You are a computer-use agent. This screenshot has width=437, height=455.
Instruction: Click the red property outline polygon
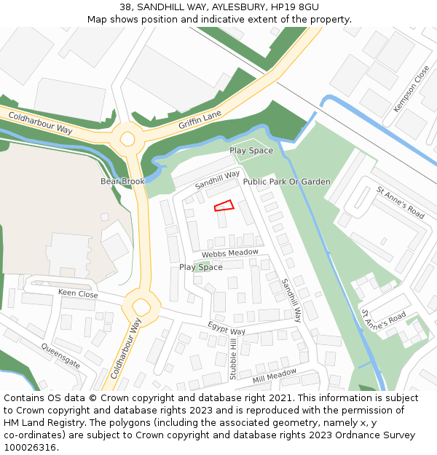[x=224, y=206]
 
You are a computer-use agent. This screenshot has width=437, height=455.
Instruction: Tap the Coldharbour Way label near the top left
[x=40, y=122]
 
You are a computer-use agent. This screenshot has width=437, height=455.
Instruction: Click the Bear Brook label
[x=123, y=181]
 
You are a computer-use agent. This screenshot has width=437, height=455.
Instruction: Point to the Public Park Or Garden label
[x=286, y=181]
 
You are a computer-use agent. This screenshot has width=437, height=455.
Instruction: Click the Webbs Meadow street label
[x=230, y=253]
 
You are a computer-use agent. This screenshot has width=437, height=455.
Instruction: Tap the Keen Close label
[x=78, y=294]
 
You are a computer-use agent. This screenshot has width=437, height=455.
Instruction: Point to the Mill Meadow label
[x=275, y=376]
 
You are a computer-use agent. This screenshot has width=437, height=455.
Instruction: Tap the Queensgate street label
[x=60, y=356]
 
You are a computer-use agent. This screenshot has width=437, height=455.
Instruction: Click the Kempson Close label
[x=412, y=89]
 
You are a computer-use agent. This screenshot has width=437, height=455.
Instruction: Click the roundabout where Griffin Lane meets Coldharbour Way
[x=127, y=137]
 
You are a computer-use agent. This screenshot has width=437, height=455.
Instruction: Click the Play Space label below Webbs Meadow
[x=201, y=267]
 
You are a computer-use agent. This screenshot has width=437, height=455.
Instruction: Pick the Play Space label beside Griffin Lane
[x=251, y=151]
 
